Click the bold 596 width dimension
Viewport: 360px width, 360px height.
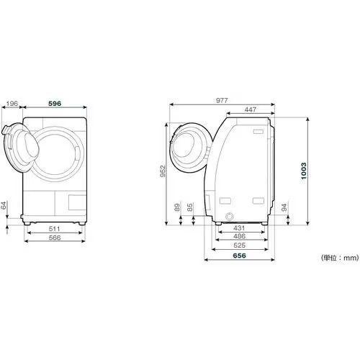[55, 104]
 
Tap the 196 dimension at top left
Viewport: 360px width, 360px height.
[12, 104]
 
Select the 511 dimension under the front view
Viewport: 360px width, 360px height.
[55, 229]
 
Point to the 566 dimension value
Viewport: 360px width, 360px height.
[55, 238]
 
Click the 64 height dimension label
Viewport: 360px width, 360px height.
[4, 205]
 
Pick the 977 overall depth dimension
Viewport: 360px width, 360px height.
[222, 100]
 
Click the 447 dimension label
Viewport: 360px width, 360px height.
[251, 109]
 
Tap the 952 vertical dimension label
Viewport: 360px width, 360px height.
[163, 171]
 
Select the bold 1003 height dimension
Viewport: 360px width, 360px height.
[304, 171]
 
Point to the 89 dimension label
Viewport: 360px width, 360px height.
[177, 207]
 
